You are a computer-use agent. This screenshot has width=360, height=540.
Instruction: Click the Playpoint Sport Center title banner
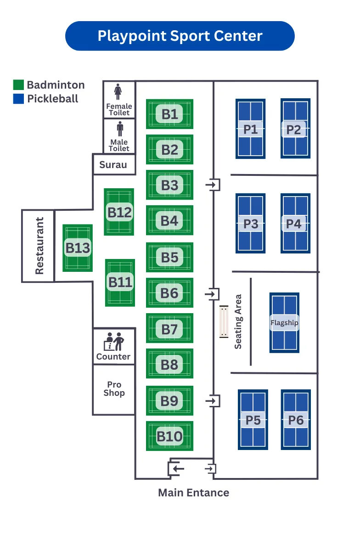pos(180,36)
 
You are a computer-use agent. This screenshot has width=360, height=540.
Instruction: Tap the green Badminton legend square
pos(18,85)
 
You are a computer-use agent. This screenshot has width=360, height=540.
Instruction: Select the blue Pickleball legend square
pos(18,99)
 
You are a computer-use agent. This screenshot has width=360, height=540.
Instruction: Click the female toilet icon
pos(119,91)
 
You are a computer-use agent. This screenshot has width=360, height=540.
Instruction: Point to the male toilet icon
pos(120,129)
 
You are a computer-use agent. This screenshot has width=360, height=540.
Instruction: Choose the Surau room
pos(113,164)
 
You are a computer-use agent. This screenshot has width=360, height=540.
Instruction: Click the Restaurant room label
pos(39,246)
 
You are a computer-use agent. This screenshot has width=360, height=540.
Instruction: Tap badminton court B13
pos(78,248)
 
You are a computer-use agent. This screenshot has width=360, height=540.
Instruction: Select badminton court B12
pos(119,212)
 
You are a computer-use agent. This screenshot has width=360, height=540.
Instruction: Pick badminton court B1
pos(169,114)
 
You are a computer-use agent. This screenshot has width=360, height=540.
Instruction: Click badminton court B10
pos(169,436)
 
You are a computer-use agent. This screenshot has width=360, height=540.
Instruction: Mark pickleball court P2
pos(295,129)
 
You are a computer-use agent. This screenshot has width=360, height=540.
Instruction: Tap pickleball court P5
pos(253,420)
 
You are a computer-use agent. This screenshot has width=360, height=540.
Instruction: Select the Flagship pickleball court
pos(284,322)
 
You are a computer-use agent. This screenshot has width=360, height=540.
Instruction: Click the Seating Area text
pos(238,321)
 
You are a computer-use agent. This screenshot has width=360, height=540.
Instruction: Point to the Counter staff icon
pos(114,342)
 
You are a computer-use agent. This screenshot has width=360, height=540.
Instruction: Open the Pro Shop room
pos(114,389)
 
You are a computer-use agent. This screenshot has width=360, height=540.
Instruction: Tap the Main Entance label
pos(193,493)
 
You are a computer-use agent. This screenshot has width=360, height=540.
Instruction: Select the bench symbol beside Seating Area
pos(224,322)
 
